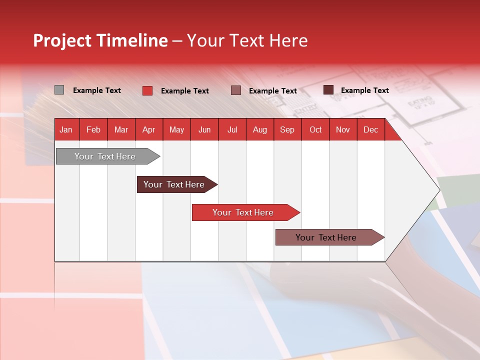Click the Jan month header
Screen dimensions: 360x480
(66, 130)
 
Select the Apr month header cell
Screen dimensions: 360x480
(148, 130)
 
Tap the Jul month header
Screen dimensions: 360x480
(232, 130)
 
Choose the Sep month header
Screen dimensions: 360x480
(287, 130)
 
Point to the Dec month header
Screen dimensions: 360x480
(370, 130)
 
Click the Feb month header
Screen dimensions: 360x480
(93, 130)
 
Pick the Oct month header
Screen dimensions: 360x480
(315, 130)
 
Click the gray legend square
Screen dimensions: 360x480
(59, 90)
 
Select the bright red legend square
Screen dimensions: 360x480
(147, 90)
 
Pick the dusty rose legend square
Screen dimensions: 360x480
(236, 90)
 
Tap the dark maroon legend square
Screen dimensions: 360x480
(328, 90)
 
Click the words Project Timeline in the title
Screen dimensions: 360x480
(100, 40)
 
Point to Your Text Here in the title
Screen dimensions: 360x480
(247, 40)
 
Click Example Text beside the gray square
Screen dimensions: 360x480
(97, 90)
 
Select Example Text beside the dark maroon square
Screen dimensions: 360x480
(365, 90)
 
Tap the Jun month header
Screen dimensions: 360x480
(204, 130)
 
